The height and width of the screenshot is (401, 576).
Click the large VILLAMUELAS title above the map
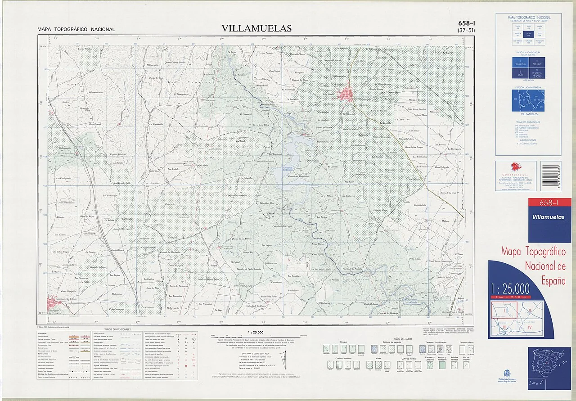tap(256, 28)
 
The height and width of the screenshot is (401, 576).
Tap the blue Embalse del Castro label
tap(288, 169)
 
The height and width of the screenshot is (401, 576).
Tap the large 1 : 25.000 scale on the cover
tap(510, 288)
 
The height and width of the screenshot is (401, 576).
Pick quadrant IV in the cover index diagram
tap(530, 329)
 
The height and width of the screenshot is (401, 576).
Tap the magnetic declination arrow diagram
tap(283, 360)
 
